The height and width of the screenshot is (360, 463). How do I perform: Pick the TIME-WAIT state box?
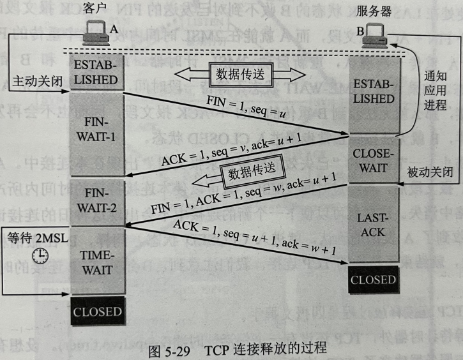tap(96, 262)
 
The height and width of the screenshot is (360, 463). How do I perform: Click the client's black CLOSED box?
tap(96, 312)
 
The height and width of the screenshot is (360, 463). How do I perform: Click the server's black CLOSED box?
tap(373, 280)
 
